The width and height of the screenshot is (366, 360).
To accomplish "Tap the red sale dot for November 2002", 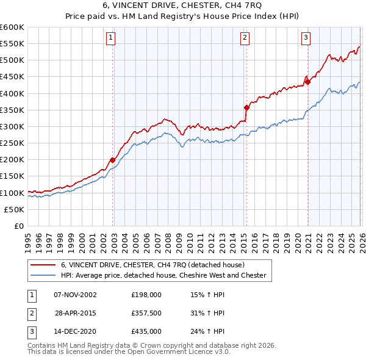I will [x=113, y=160].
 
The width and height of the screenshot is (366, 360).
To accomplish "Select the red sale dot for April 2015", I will [x=247, y=107].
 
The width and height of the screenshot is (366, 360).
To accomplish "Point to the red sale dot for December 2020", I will [x=308, y=82].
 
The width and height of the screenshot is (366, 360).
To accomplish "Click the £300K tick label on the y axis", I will [x=12, y=126].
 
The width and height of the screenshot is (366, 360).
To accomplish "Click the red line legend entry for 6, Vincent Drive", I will [x=152, y=265].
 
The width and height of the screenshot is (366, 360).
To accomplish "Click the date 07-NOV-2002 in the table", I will [x=75, y=294].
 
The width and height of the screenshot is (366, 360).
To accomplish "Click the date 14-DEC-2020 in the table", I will [x=75, y=332].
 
